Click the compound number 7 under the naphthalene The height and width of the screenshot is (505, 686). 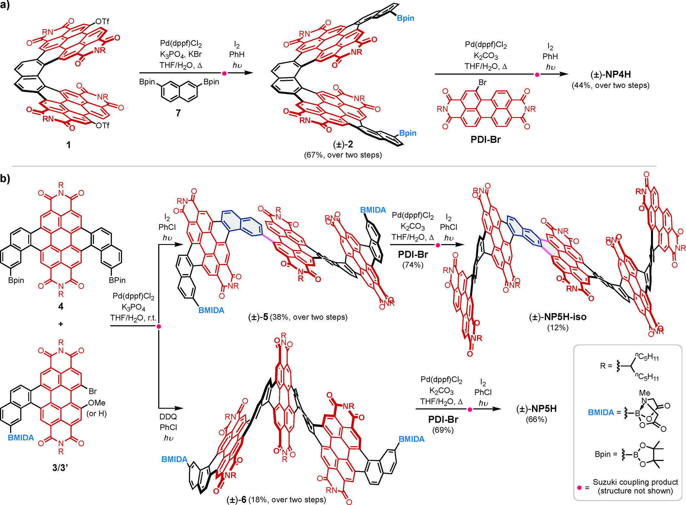coord(178,113)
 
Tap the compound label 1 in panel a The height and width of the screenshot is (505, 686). coord(68,144)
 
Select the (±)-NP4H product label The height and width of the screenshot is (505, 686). coord(610,75)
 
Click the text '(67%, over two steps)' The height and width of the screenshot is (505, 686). coord(343,155)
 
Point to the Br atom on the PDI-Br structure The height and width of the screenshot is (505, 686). coord(482,82)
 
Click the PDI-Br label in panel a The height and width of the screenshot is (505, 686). coord(486,140)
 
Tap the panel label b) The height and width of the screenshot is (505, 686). coord(5,178)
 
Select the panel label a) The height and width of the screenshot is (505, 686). coord(5,6)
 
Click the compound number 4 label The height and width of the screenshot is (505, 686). coord(61,306)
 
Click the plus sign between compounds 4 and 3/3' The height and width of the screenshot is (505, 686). coord(61,324)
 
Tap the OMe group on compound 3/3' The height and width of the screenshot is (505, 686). coord(96,403)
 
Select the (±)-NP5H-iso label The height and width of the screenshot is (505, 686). coord(558,317)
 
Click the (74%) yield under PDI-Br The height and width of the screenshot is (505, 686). coord(413,265)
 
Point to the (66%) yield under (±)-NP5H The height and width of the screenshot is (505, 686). coord(536,419)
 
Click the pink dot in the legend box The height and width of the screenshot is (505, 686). coord(579,487)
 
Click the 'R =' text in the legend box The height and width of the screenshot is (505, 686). coord(606,366)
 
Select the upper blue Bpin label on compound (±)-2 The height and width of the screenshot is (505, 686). coord(405,18)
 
